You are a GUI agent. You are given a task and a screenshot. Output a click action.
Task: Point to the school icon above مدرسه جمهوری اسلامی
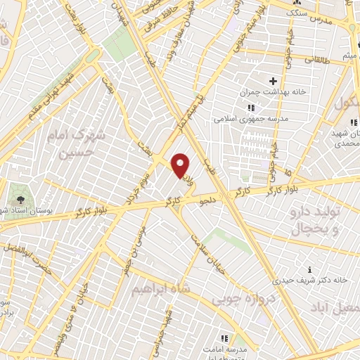tap(250, 107)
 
